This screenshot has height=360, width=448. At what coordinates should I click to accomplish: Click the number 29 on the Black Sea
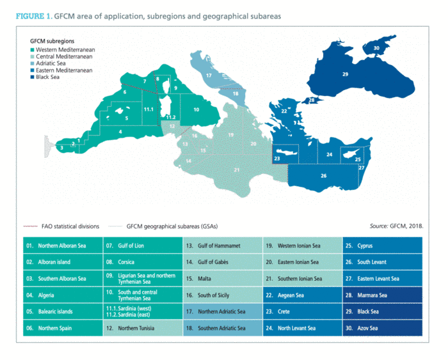(345, 75)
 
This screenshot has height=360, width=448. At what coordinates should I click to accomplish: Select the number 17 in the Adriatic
(209, 75)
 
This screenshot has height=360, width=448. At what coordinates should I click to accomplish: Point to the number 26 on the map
(323, 175)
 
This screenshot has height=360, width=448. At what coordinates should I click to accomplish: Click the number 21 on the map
(236, 169)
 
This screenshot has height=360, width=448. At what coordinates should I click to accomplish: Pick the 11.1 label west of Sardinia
(148, 110)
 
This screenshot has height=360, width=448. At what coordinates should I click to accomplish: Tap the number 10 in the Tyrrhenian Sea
(196, 110)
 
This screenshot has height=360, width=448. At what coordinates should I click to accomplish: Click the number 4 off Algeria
(120, 132)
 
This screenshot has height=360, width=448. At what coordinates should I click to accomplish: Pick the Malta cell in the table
(221, 279)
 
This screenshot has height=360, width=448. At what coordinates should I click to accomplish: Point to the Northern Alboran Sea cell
(61, 246)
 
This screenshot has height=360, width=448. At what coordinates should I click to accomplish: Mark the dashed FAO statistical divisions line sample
(30, 226)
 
